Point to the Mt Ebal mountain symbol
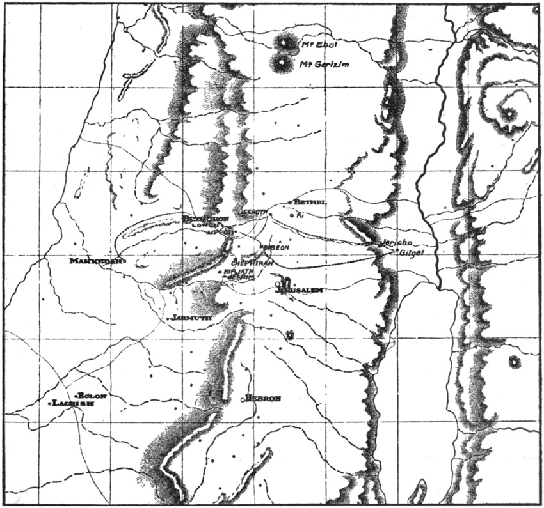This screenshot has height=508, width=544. (283, 43)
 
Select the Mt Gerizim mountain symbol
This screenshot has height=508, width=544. (280, 63)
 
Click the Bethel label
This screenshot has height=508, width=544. (312, 203)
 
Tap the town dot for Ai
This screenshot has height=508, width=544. (292, 215)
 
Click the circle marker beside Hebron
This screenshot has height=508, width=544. (243, 400)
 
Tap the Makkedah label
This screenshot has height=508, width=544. (95, 261)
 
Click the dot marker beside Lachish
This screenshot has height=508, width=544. (50, 404)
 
